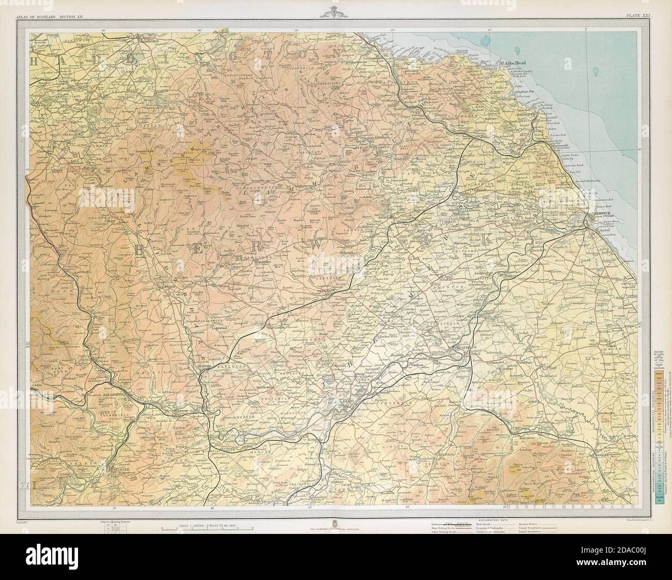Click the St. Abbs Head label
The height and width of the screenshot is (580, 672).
point(512,63)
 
